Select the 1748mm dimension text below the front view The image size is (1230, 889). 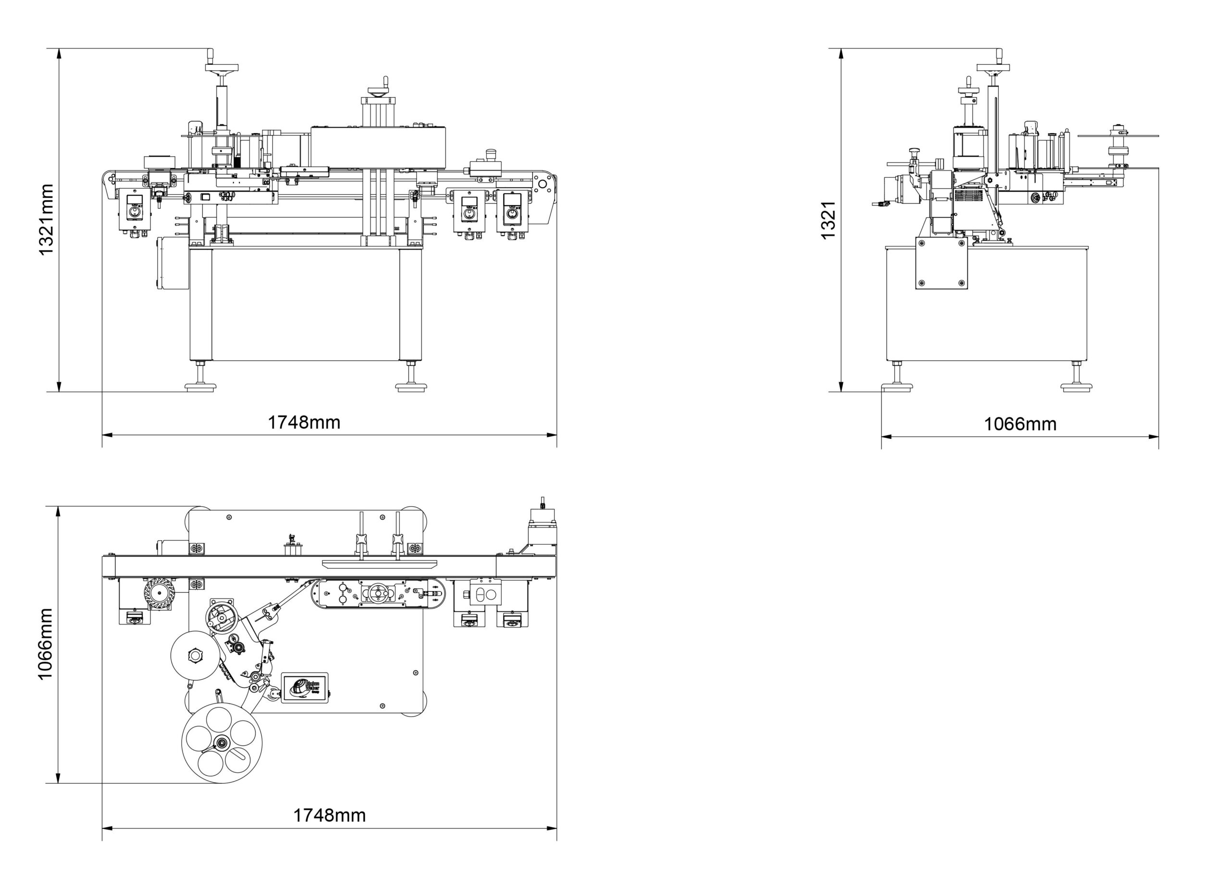coord(304,422)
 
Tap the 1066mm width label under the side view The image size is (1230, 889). coord(1020,424)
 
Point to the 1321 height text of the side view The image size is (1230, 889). coord(828,220)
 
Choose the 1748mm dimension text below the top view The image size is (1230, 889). coord(329,816)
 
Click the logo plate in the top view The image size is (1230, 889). coord(304,688)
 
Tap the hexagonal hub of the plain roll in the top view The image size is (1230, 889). coord(195,656)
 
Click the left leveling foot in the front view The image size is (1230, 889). coord(200,386)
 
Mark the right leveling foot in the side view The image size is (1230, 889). coord(1076,386)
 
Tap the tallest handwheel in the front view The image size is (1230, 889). coord(221,68)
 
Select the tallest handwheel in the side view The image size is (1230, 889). coord(993,68)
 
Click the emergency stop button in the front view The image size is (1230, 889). coord(492,153)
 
